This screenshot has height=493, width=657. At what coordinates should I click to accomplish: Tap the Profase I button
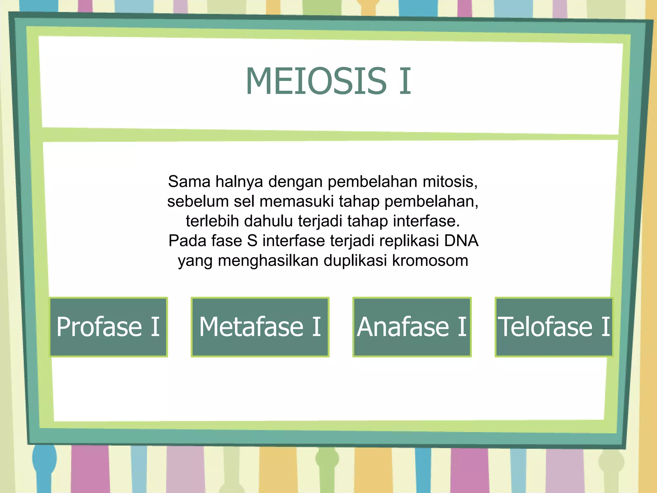108,327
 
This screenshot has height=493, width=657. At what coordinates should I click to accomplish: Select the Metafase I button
260,327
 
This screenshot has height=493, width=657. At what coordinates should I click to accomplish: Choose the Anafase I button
412,327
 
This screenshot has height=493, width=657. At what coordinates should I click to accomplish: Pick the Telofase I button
554,327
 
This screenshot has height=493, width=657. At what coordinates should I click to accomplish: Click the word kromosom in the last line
430,261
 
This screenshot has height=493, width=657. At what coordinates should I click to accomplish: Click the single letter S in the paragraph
252,241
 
